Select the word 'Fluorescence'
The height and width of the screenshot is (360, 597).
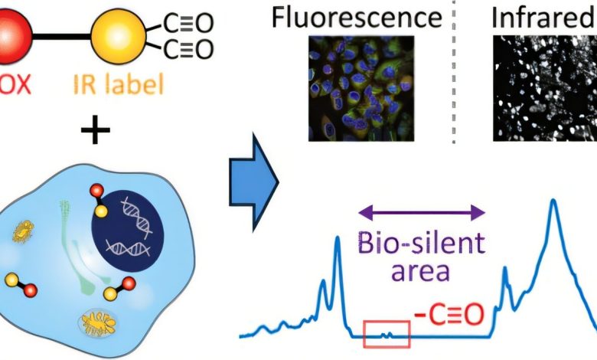pyautogui.click(x=357, y=17)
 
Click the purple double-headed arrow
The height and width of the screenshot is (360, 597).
pyautogui.click(x=423, y=214)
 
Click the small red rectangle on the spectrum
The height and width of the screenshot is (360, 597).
pyautogui.click(x=387, y=333)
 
